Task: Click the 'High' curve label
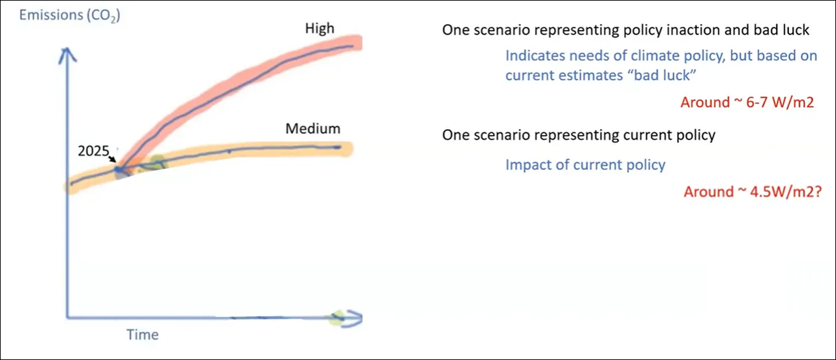point(320,28)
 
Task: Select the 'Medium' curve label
point(312,128)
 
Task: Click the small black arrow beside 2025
point(113,158)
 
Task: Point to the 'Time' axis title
point(142,335)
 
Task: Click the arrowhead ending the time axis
point(352,318)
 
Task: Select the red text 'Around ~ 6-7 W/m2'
point(747,102)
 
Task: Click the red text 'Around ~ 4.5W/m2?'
point(752,192)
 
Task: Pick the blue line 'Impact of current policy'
point(585,164)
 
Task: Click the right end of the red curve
point(355,44)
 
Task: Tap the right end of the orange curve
point(346,148)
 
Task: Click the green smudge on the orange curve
point(157,162)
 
